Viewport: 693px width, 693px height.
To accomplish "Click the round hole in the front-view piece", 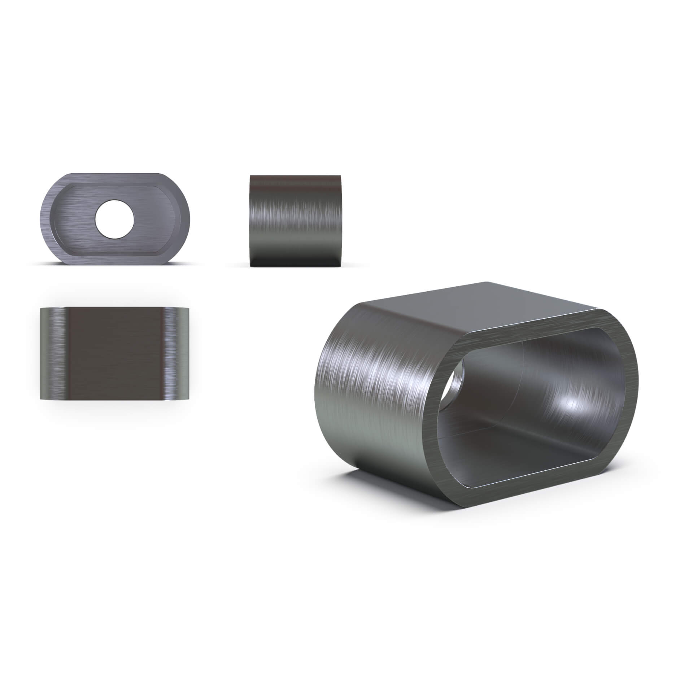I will [x=114, y=219].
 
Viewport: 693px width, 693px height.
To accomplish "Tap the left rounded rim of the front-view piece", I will [x=46, y=219].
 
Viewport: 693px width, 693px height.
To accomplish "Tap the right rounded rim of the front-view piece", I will [x=184, y=219].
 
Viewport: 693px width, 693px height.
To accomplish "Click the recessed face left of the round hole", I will [x=76, y=220].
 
